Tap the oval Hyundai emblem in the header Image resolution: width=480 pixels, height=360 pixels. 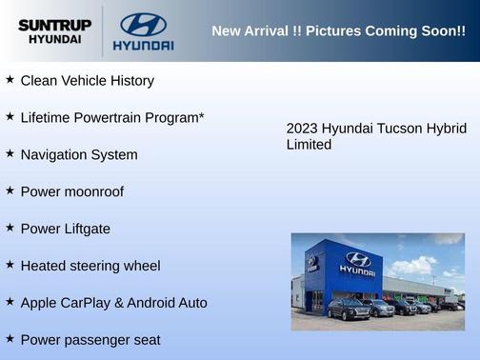tap(143, 24)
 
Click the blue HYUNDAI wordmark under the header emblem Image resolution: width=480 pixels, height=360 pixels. tap(143, 45)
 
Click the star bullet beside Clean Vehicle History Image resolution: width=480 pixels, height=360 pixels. tap(10, 80)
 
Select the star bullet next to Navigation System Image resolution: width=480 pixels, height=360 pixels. tap(10, 153)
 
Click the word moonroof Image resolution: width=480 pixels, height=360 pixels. tap(91, 191)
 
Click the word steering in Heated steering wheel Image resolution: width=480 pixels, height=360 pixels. tap(98, 266)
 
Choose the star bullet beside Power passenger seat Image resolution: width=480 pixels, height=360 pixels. tap(10, 338)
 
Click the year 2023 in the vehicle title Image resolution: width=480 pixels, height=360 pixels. tap(302, 129)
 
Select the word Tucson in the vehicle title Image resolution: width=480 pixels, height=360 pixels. tap(398, 129)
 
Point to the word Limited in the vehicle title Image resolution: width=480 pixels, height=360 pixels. tap(309, 145)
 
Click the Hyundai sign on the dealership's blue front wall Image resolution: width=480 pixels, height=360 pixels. tap(357, 263)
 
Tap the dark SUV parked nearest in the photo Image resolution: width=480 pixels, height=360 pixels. tap(349, 309)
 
